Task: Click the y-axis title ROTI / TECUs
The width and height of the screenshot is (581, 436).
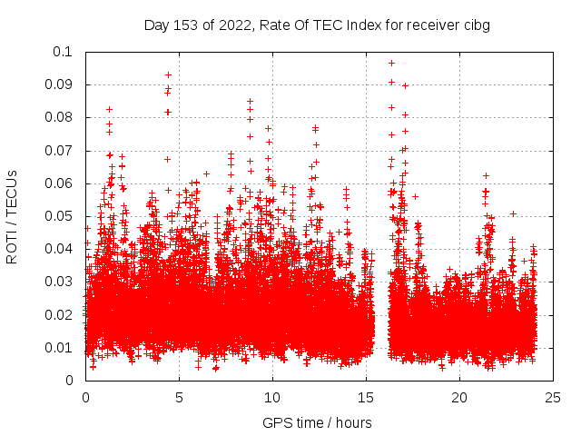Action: click(x=13, y=216)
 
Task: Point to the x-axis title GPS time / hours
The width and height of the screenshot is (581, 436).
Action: click(x=317, y=422)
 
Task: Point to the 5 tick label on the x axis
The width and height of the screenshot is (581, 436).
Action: click(x=179, y=397)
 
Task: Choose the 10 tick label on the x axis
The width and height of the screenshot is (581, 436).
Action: click(x=272, y=397)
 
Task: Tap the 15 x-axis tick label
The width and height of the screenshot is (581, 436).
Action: click(x=366, y=397)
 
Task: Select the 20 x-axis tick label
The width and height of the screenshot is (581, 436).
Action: click(x=459, y=397)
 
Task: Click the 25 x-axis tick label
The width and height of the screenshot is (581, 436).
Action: click(x=553, y=397)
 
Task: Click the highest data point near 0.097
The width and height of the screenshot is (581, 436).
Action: click(x=391, y=63)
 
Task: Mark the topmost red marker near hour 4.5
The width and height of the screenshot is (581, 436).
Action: click(x=168, y=74)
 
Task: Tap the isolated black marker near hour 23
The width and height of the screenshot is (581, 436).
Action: click(x=513, y=213)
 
